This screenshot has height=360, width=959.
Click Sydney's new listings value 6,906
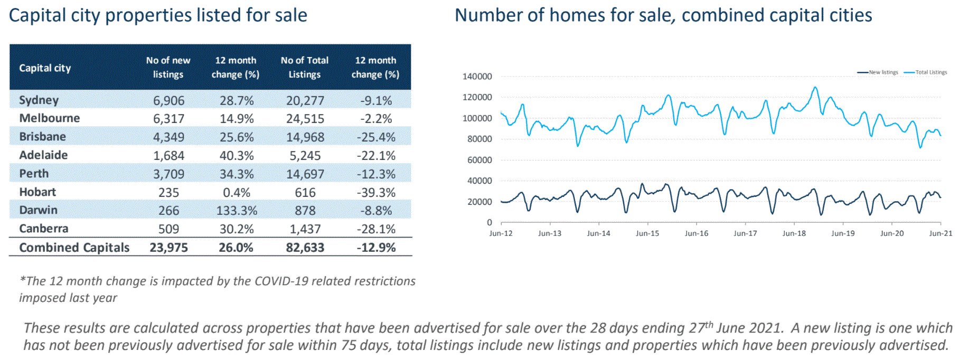click(168, 100)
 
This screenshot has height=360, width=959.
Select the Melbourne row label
click(49, 118)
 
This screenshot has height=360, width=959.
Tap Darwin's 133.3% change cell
click(237, 211)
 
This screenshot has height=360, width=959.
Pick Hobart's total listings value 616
click(305, 193)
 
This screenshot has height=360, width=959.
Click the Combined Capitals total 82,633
click(305, 248)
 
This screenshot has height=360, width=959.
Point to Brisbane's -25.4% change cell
click(375, 137)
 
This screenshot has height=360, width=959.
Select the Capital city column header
click(45, 68)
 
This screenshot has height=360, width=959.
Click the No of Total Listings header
click(304, 68)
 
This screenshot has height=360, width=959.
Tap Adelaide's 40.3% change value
click(236, 156)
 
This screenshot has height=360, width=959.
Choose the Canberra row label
click(44, 229)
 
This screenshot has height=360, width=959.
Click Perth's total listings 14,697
click(305, 174)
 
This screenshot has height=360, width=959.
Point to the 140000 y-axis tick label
click(477, 77)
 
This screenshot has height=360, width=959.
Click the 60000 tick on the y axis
click(479, 160)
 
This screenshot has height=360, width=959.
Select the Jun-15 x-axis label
click(647, 233)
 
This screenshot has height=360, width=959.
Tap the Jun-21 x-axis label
click(940, 233)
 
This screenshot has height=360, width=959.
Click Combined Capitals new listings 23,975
click(168, 248)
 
